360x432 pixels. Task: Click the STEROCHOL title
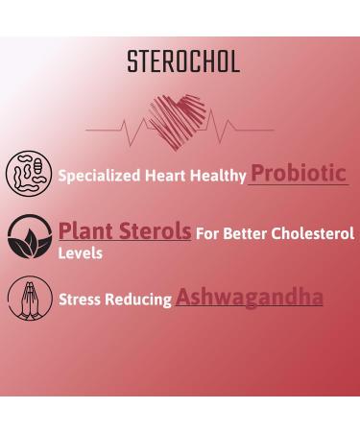(183, 62)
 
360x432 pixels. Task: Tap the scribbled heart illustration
(178, 120)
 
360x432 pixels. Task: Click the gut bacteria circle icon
(29, 174)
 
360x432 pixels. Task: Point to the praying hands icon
(29, 299)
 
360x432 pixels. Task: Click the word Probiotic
(298, 173)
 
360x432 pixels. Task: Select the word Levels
(81, 253)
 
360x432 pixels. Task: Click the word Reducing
(140, 300)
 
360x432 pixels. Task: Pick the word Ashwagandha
(249, 297)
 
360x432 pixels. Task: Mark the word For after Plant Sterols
(208, 234)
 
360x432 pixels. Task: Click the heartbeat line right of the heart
(240, 129)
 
